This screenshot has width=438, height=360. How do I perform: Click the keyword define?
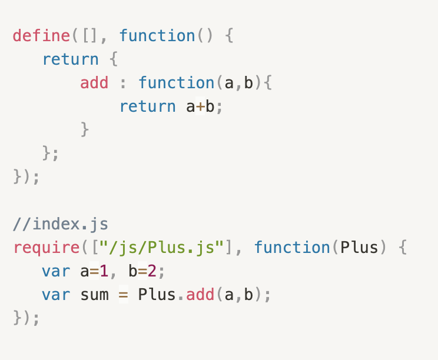(41, 35)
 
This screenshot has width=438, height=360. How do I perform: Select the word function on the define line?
(157, 35)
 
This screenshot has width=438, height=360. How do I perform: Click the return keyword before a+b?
(147, 106)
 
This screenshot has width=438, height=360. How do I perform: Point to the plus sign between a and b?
(200, 106)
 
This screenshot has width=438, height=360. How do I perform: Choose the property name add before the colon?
(94, 83)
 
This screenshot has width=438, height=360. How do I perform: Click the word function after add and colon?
(176, 83)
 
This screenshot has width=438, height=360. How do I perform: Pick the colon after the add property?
(123, 83)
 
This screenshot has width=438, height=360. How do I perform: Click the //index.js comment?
(61, 224)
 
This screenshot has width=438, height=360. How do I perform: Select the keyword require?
(46, 248)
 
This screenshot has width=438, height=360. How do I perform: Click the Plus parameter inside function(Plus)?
(359, 248)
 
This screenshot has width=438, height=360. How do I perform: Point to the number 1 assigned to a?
(104, 271)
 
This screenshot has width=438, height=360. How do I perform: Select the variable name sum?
(94, 294)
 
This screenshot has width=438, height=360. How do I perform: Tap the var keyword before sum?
(56, 294)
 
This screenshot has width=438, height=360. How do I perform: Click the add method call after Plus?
(200, 294)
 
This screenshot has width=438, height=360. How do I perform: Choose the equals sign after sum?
(123, 294)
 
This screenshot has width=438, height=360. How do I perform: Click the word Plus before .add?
(157, 294)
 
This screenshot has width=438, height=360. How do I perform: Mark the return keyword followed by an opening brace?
(70, 59)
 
